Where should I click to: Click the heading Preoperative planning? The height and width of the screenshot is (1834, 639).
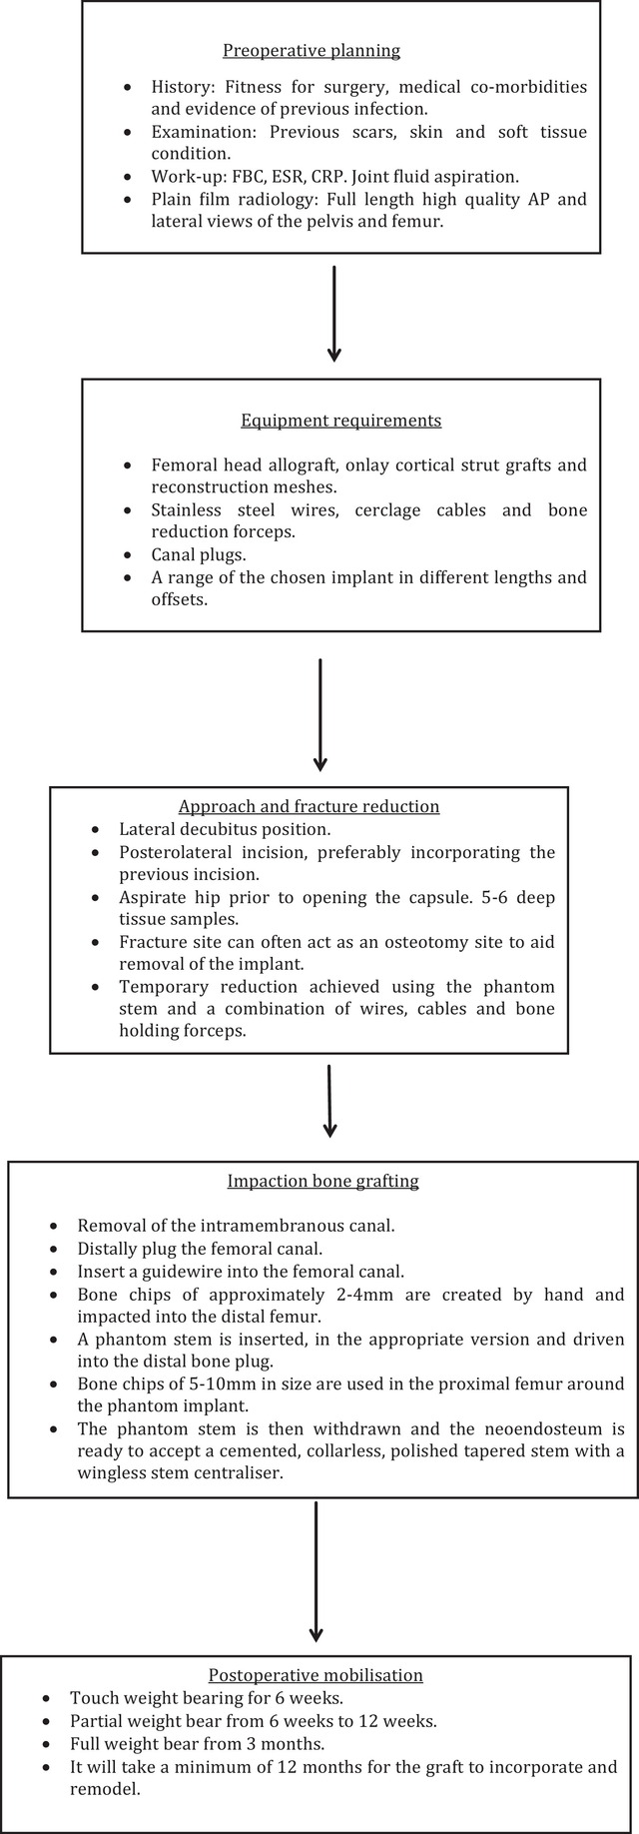(312, 51)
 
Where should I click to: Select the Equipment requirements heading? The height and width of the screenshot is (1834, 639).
(341, 421)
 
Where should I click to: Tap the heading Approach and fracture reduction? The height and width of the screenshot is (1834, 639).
(310, 806)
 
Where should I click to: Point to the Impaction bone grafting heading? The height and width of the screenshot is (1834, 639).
(323, 1181)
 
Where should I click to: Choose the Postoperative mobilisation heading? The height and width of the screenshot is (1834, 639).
(317, 1675)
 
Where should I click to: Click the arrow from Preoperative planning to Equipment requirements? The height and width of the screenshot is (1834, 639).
(334, 313)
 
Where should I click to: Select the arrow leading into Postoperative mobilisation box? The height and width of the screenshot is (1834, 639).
(317, 1585)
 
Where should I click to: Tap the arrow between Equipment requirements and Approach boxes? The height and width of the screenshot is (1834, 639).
(319, 714)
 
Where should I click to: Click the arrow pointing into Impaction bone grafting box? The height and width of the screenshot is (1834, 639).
(329, 1101)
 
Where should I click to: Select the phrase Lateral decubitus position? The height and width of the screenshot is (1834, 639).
(225, 829)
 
